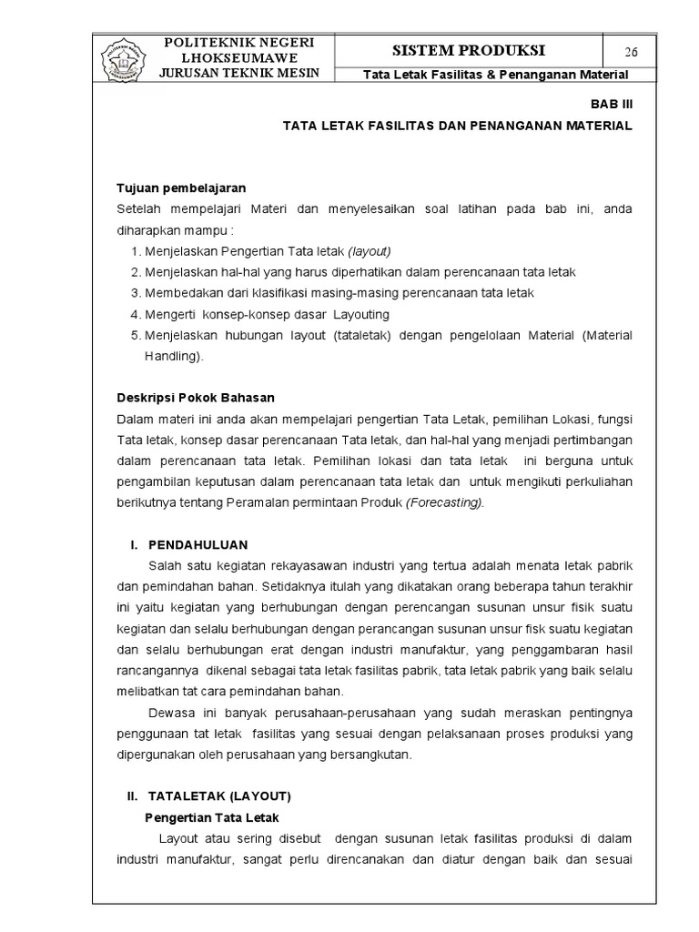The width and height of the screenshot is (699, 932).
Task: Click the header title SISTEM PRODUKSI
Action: (469, 50)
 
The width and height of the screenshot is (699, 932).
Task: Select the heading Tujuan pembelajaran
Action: (180, 188)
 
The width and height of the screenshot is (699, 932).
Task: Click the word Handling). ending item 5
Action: (174, 357)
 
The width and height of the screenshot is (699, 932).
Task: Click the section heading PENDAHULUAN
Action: (198, 544)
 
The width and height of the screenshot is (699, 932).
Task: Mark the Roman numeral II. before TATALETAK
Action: (133, 795)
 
